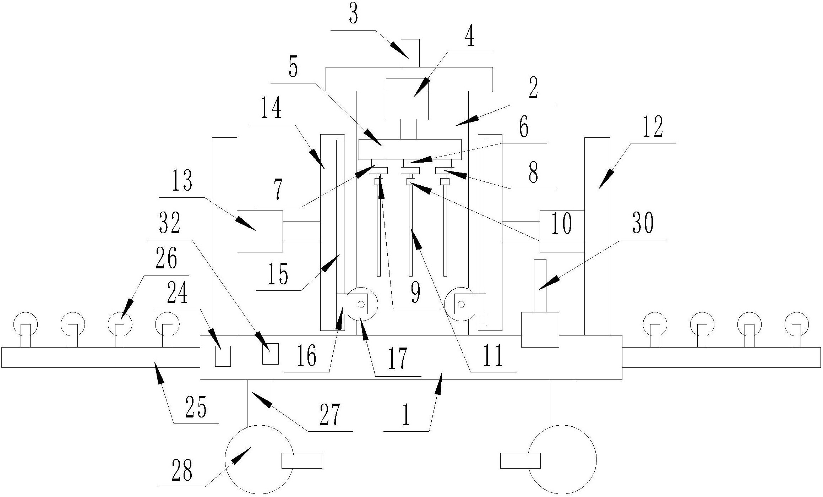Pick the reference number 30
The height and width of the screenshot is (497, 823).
pyautogui.click(x=643, y=224)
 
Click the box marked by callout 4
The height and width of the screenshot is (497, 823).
pyautogui.click(x=407, y=99)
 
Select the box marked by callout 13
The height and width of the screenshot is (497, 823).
pyautogui.click(x=260, y=231)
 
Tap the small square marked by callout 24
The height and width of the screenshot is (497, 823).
pyautogui.click(x=223, y=356)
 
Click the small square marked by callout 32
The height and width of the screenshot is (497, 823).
pyautogui.click(x=270, y=354)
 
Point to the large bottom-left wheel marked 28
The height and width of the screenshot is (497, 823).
pyautogui.click(x=259, y=459)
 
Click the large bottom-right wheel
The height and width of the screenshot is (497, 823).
pyautogui.click(x=562, y=459)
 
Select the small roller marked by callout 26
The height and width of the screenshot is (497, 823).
pyautogui.click(x=120, y=324)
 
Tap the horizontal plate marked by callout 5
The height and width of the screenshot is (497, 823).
pyautogui.click(x=410, y=149)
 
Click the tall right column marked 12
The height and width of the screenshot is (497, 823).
pyautogui.click(x=597, y=236)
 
